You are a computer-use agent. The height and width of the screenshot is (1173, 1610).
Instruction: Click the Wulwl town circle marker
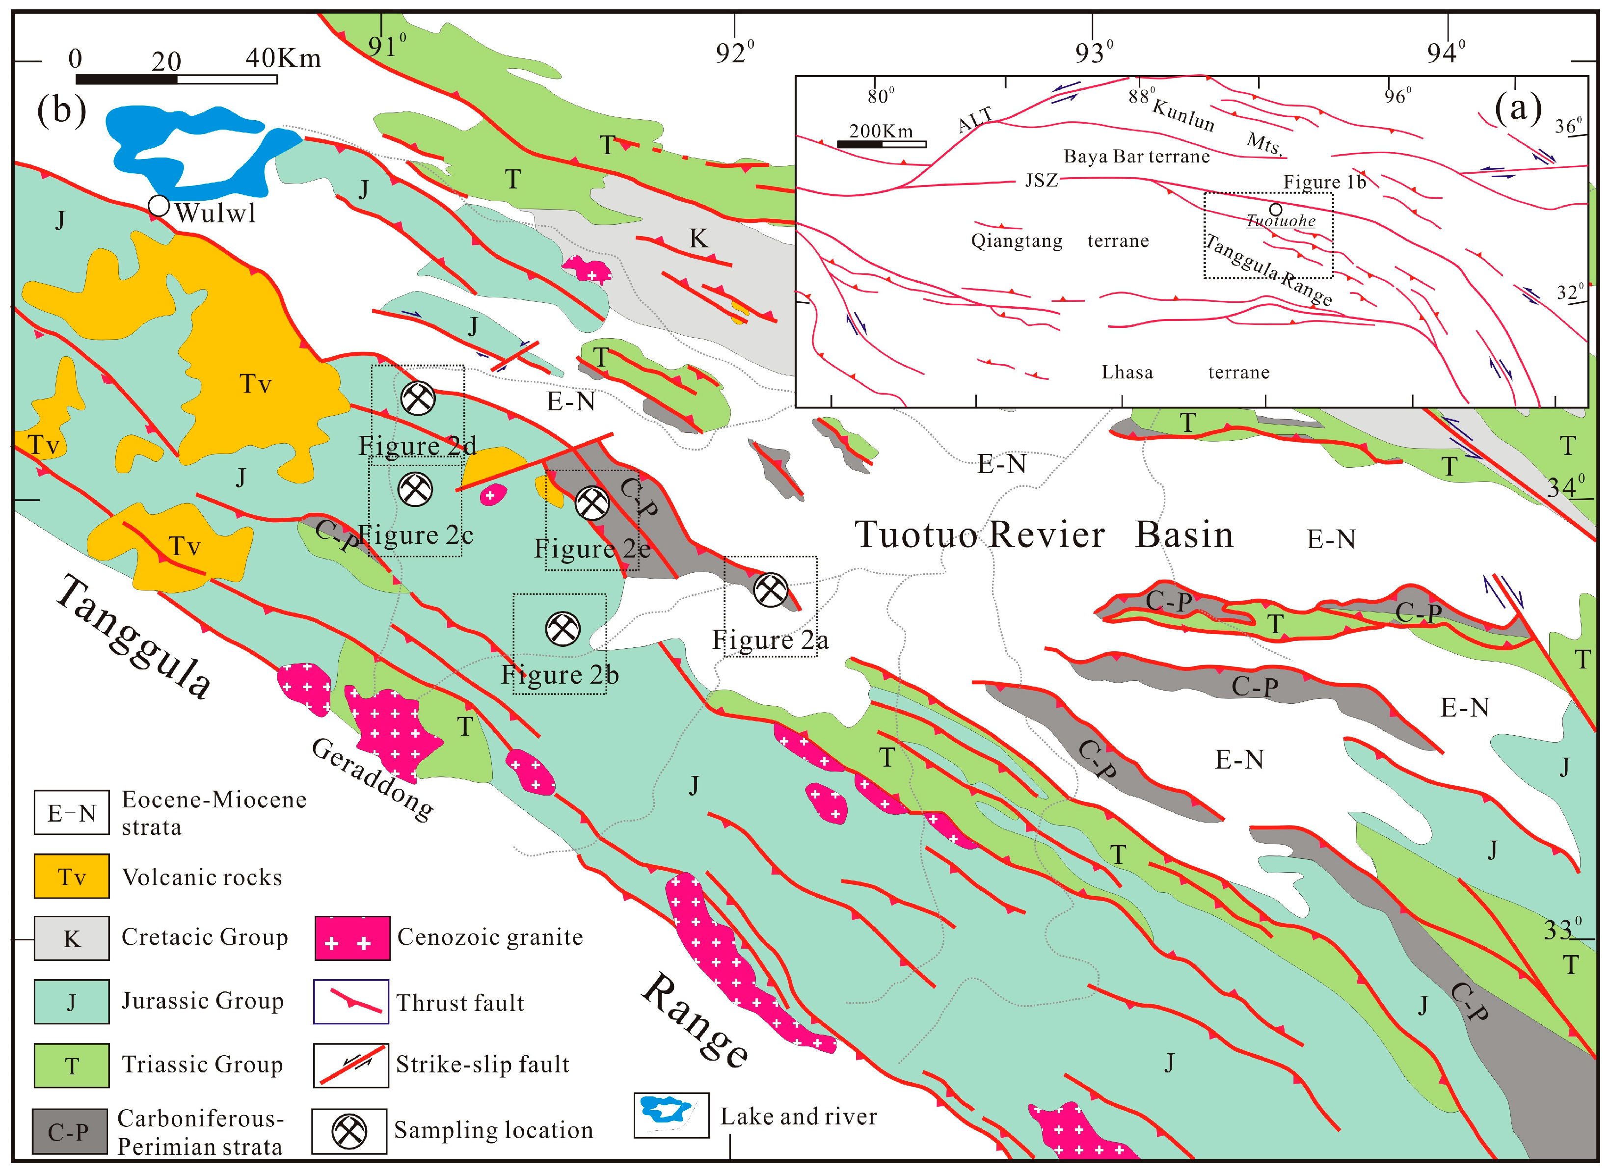[159, 206]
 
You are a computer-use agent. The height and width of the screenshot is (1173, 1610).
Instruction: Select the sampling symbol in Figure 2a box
[770, 589]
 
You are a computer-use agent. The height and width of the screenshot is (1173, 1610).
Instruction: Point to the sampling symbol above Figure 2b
[563, 628]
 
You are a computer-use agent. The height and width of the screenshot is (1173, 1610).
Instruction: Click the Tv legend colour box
[72, 876]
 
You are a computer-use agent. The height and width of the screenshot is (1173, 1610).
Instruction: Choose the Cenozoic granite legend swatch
[352, 938]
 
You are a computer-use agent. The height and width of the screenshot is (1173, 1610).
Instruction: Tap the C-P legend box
[69, 1131]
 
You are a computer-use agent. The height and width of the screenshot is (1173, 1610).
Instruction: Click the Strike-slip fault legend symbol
[351, 1065]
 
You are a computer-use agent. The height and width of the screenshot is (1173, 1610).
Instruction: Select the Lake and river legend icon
[671, 1115]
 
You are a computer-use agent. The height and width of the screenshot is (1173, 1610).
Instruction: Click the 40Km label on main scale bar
[283, 58]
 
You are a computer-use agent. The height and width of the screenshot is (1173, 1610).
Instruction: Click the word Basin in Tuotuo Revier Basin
[1184, 534]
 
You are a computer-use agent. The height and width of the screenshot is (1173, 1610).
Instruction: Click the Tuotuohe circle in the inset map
[1276, 210]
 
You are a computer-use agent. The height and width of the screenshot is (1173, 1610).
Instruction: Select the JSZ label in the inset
[1041, 180]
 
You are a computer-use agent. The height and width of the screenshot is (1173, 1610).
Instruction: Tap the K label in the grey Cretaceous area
[699, 239]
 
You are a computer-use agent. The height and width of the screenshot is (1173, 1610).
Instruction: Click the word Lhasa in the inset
[1127, 372]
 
